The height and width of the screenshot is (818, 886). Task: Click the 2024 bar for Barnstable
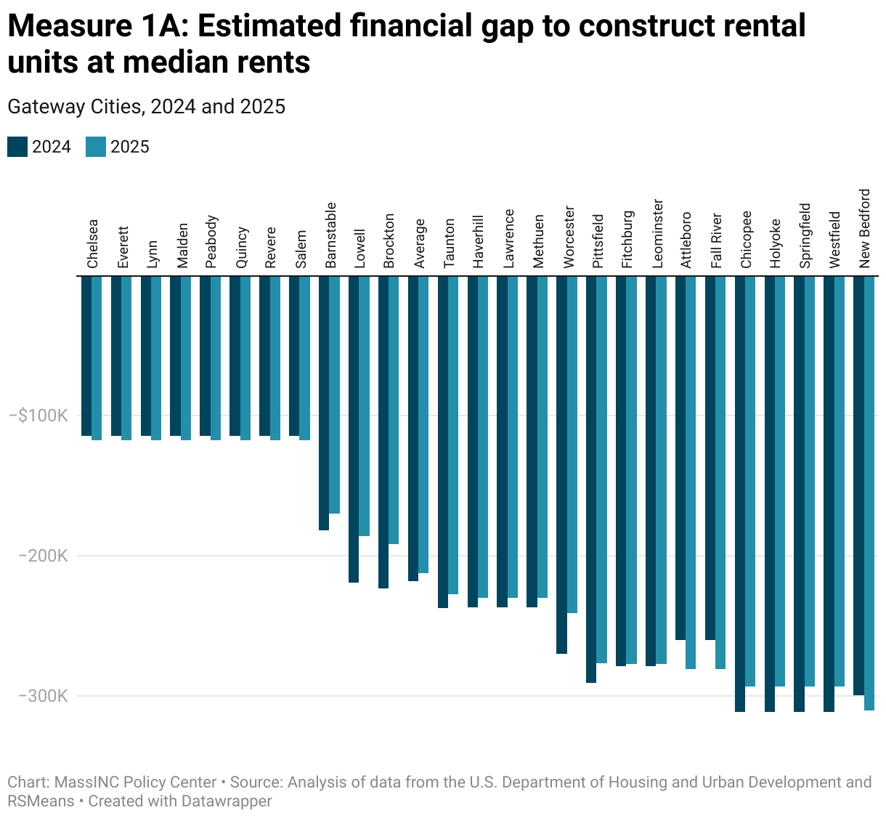pos(324,403)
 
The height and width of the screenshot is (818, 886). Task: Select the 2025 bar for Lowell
pos(364,406)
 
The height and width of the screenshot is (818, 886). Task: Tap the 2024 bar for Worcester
pos(561,465)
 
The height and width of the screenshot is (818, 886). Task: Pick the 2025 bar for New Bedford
pos(869,493)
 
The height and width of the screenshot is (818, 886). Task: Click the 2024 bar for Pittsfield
pos(591,479)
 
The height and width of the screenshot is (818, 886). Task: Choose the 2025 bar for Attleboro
pos(691,472)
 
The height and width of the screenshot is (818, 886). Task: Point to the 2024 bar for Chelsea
pos(86,356)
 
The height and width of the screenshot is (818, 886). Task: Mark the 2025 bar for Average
pos(423,425)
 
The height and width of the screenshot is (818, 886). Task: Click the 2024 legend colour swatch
pos(17,147)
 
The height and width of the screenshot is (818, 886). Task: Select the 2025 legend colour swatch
pos(96,147)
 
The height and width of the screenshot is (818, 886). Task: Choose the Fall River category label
pos(717,240)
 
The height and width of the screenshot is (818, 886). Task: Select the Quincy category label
pos(243,248)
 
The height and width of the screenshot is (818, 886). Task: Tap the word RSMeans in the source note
pos(41,801)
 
